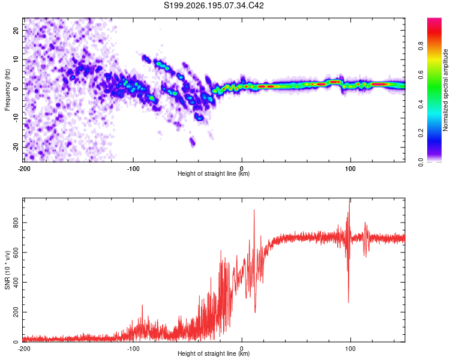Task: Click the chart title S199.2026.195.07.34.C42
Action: click(x=214, y=5)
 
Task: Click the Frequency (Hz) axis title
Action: click(x=7, y=90)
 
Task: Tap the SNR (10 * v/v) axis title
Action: click(x=7, y=270)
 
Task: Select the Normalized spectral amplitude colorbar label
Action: click(x=445, y=90)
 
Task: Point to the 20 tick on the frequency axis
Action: click(x=16, y=30)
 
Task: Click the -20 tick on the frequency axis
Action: click(x=16, y=147)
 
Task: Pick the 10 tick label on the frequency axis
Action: click(x=16, y=59)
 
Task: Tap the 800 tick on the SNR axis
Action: click(x=16, y=223)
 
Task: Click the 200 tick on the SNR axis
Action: click(x=16, y=312)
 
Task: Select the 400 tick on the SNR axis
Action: click(x=16, y=282)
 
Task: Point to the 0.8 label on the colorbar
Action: click(x=421, y=46)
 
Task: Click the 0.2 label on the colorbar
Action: click(x=421, y=133)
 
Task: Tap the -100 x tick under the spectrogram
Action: click(x=133, y=169)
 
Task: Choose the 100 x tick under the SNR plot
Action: click(x=350, y=349)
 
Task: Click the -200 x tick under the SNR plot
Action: click(x=24, y=349)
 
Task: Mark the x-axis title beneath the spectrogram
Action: click(x=214, y=173)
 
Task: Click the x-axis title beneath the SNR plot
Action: click(x=214, y=353)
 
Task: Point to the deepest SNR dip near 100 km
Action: click(x=349, y=302)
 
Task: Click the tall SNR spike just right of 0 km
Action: click(x=254, y=211)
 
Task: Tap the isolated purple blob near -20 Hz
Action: click(x=192, y=142)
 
